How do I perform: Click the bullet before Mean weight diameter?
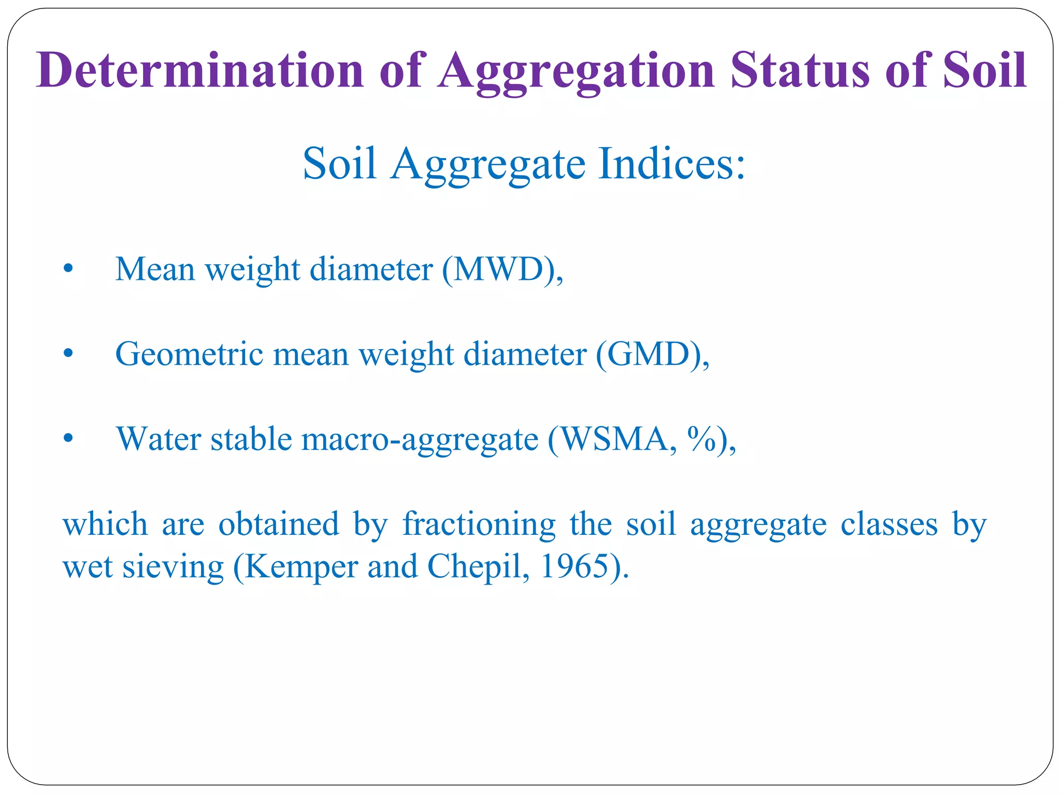click(67, 269)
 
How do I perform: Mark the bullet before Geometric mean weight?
click(67, 354)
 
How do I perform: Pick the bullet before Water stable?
click(67, 439)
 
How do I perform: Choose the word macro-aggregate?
click(420, 440)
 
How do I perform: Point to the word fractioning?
click(479, 524)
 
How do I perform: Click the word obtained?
click(279, 524)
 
